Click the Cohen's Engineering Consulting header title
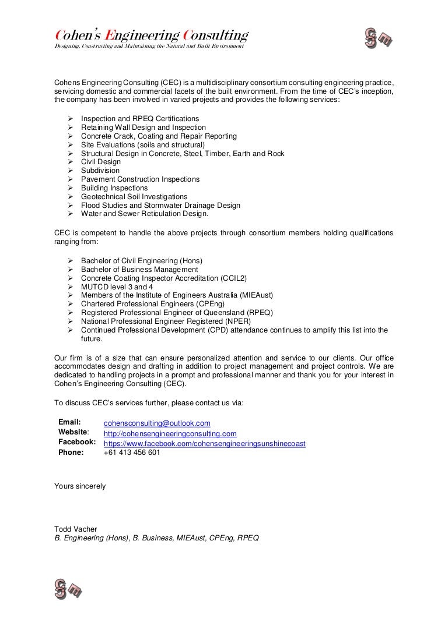coord(152,36)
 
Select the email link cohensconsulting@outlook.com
coord(157,423)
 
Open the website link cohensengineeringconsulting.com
coord(170,434)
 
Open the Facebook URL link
coord(204,444)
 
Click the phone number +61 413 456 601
coord(132,452)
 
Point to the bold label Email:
coord(69,422)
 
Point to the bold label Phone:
coord(71,452)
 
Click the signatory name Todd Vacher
coord(76,529)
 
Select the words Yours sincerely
coord(80,486)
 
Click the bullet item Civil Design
coord(101,162)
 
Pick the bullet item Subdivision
coord(100,171)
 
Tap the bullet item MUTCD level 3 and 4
coord(117,287)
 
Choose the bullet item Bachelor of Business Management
coord(139,270)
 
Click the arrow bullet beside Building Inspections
coord(70,188)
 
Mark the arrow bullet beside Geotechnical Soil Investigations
coord(70,197)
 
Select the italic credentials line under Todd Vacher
coord(156,539)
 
